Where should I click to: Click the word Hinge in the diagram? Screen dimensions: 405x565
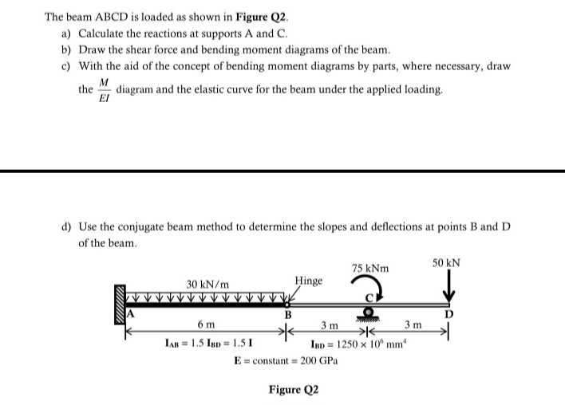click(309, 281)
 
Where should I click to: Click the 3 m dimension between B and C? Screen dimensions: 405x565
click(328, 325)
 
